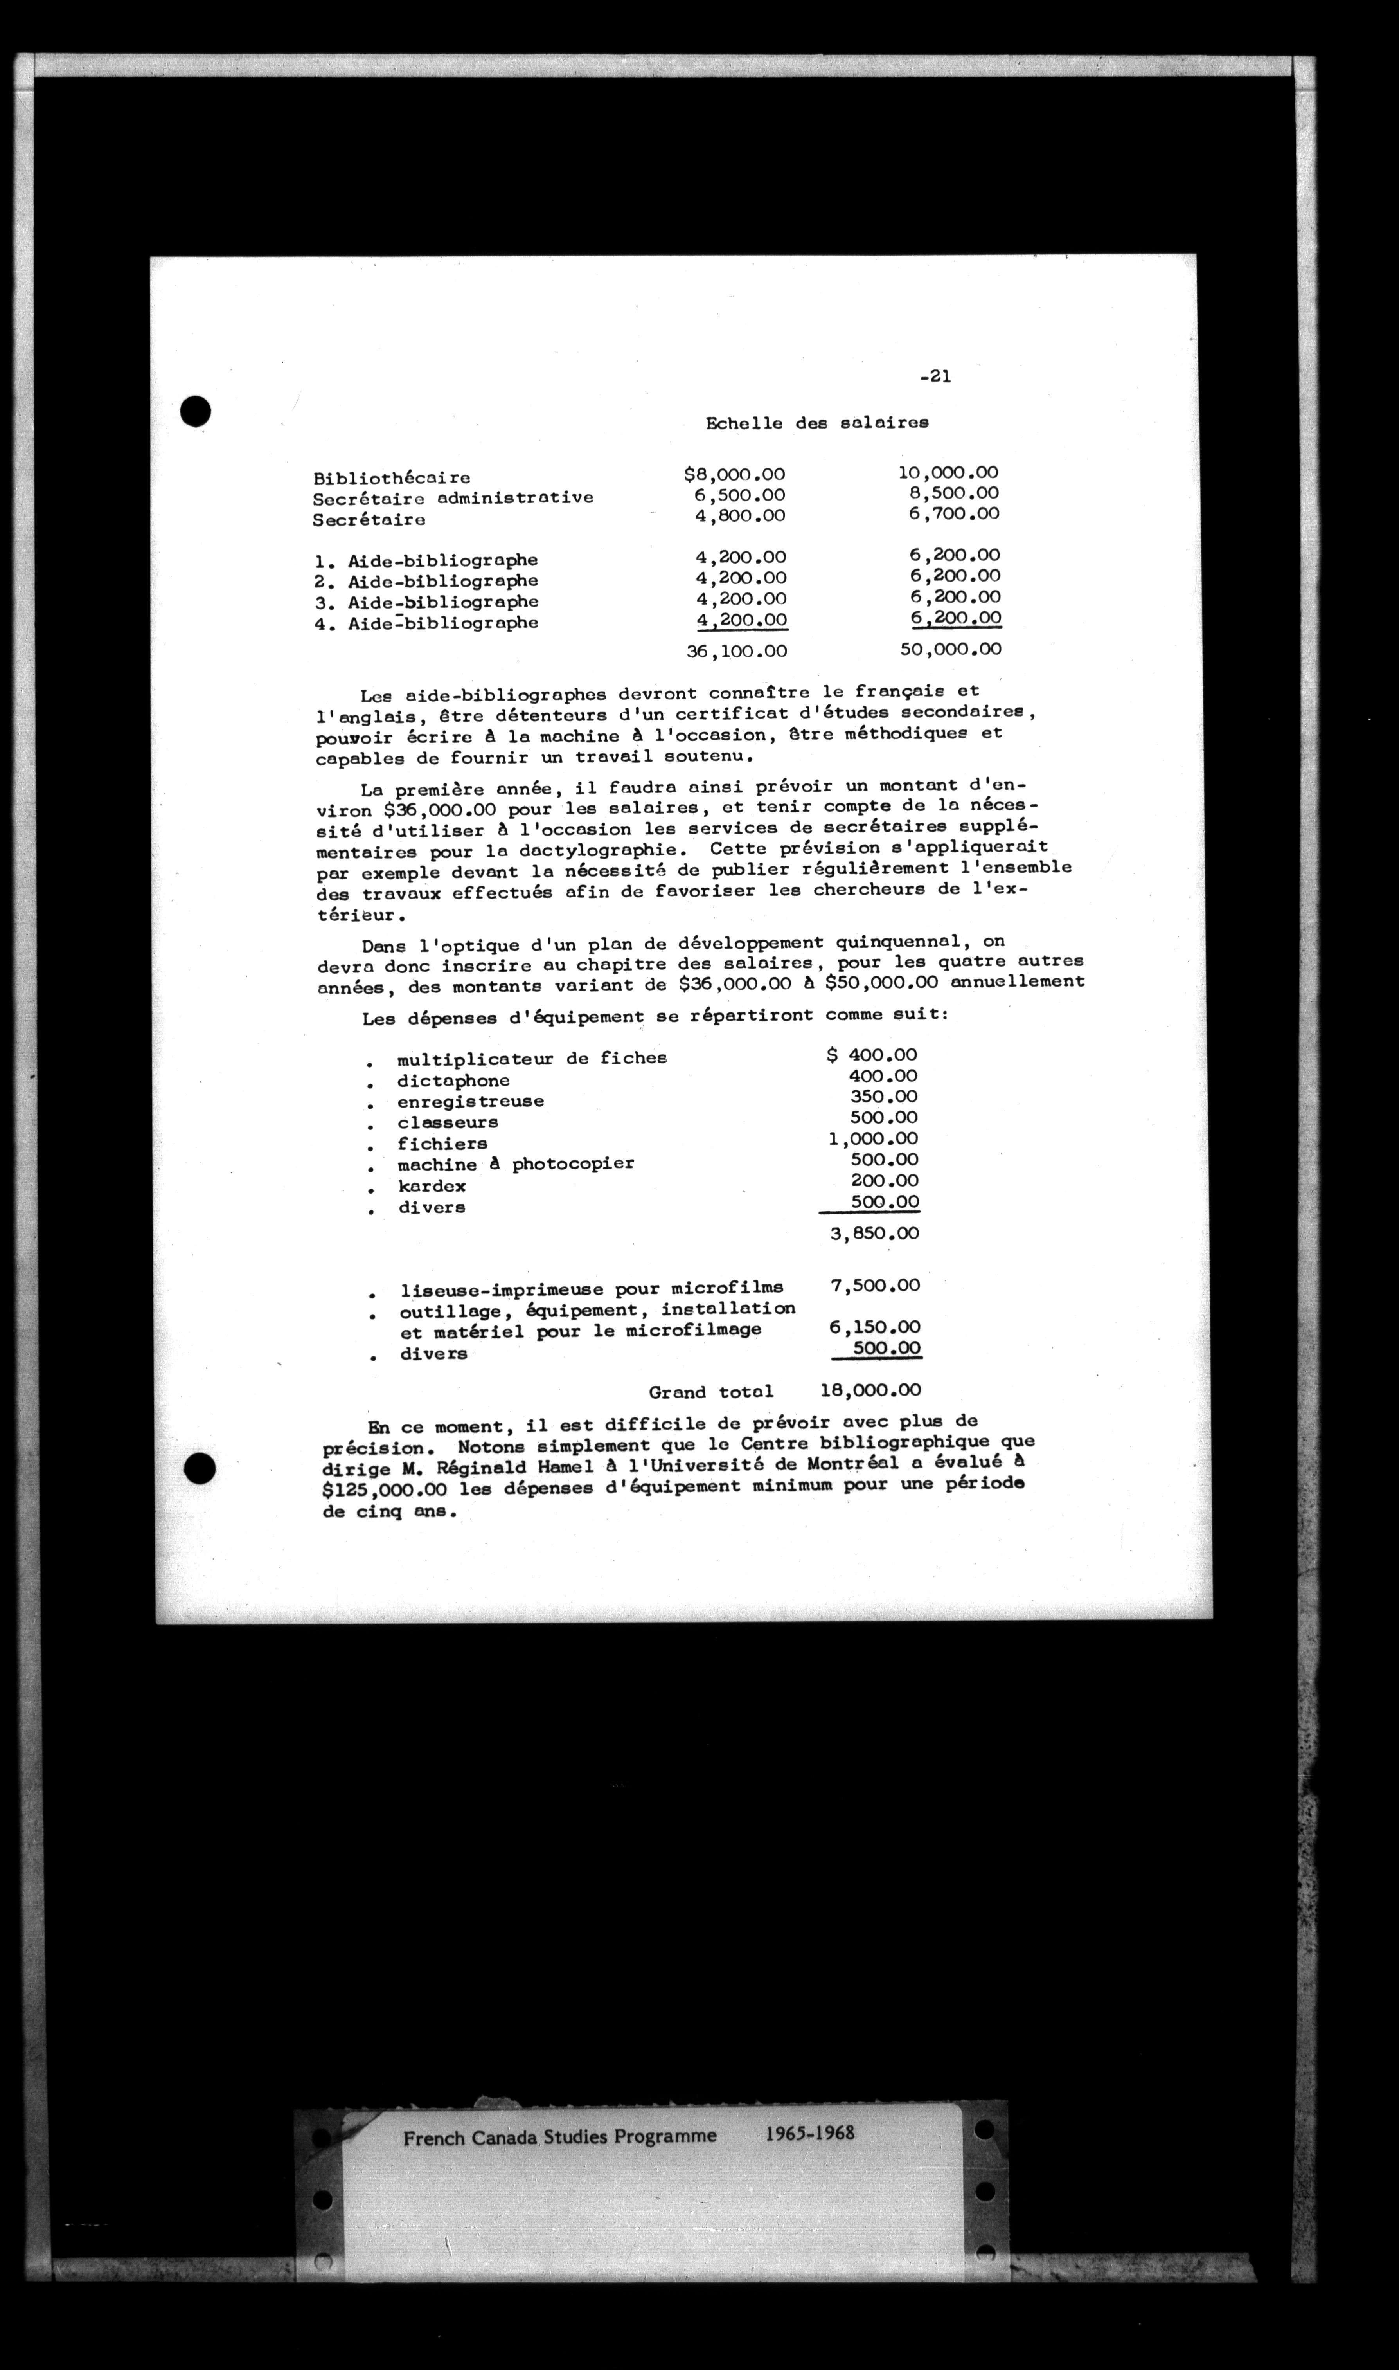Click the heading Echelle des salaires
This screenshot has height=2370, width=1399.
pyautogui.click(x=816, y=423)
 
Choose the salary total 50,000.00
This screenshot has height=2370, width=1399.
pyautogui.click(x=949, y=648)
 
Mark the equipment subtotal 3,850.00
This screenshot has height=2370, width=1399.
pyautogui.click(x=874, y=1233)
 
